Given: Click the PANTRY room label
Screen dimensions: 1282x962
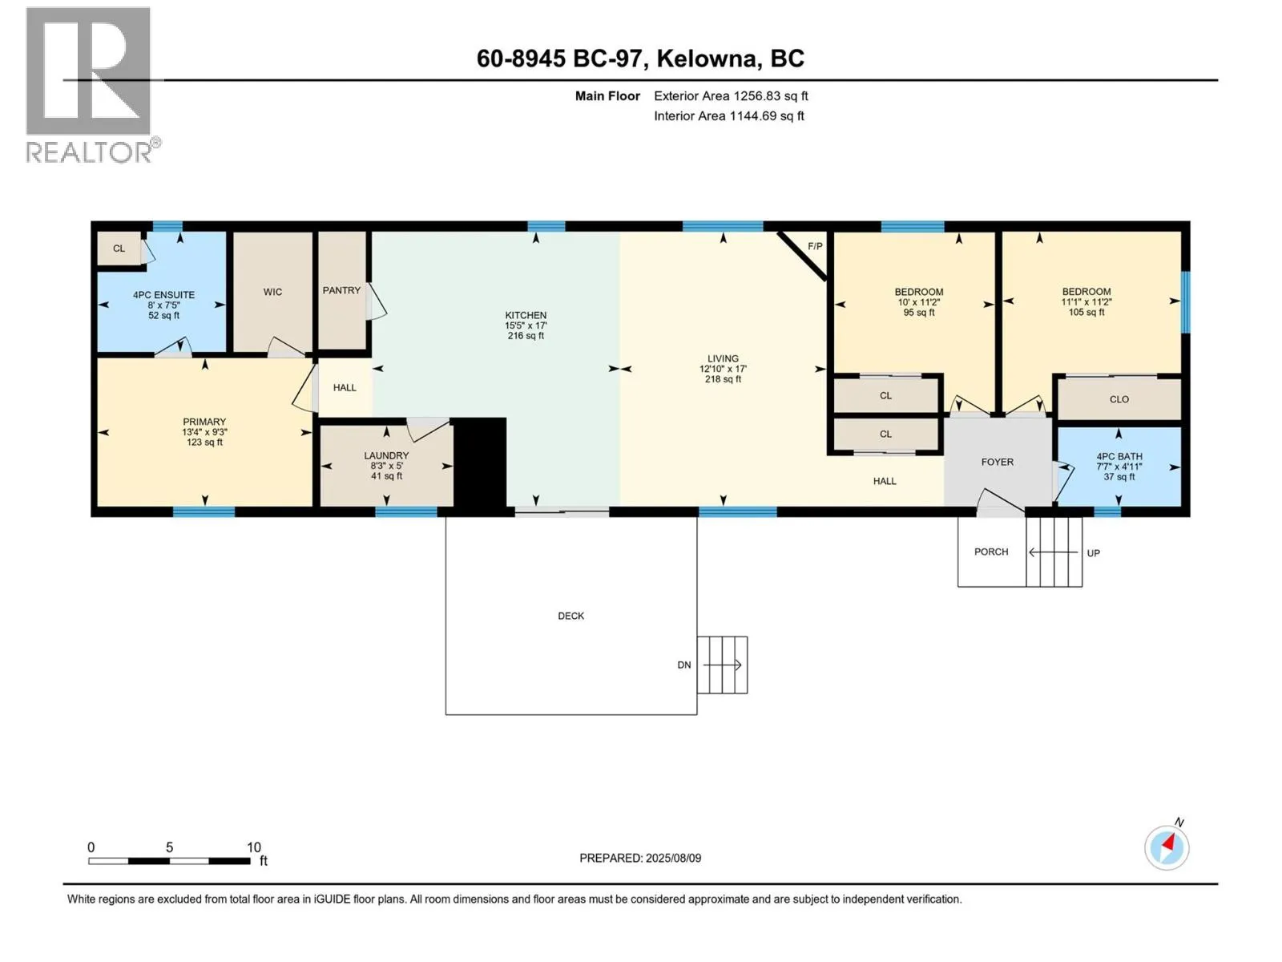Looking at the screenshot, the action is point(341,290).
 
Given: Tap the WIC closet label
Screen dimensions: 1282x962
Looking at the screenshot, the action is point(272,292).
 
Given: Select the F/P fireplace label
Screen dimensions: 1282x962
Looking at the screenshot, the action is point(815,246).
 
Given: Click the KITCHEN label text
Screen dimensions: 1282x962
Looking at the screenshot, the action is point(526,315).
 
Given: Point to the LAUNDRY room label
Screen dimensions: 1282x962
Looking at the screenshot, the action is point(386,455).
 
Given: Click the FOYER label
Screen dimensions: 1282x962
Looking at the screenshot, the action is point(997,462).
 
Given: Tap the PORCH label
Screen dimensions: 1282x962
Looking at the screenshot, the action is point(990,552).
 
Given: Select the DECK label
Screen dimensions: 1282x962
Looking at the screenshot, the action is point(570,616).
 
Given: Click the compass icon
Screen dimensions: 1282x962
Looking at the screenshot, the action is point(1167,847).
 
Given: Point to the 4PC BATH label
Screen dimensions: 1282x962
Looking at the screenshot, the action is point(1119,457).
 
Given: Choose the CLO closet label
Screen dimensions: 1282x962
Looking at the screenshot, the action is point(1119,399).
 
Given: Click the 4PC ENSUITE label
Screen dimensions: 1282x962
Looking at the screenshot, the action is point(163,296).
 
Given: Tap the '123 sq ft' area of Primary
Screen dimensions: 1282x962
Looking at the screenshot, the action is point(204,443).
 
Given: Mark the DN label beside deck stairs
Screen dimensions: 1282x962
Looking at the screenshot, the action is point(684,665).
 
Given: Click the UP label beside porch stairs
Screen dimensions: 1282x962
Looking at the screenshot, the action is point(1094,553).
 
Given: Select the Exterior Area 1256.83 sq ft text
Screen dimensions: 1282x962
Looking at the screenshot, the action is point(731,95).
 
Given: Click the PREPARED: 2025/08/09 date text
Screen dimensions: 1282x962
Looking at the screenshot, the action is point(640,858).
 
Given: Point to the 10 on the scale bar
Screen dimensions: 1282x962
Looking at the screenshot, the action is point(253,847).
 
